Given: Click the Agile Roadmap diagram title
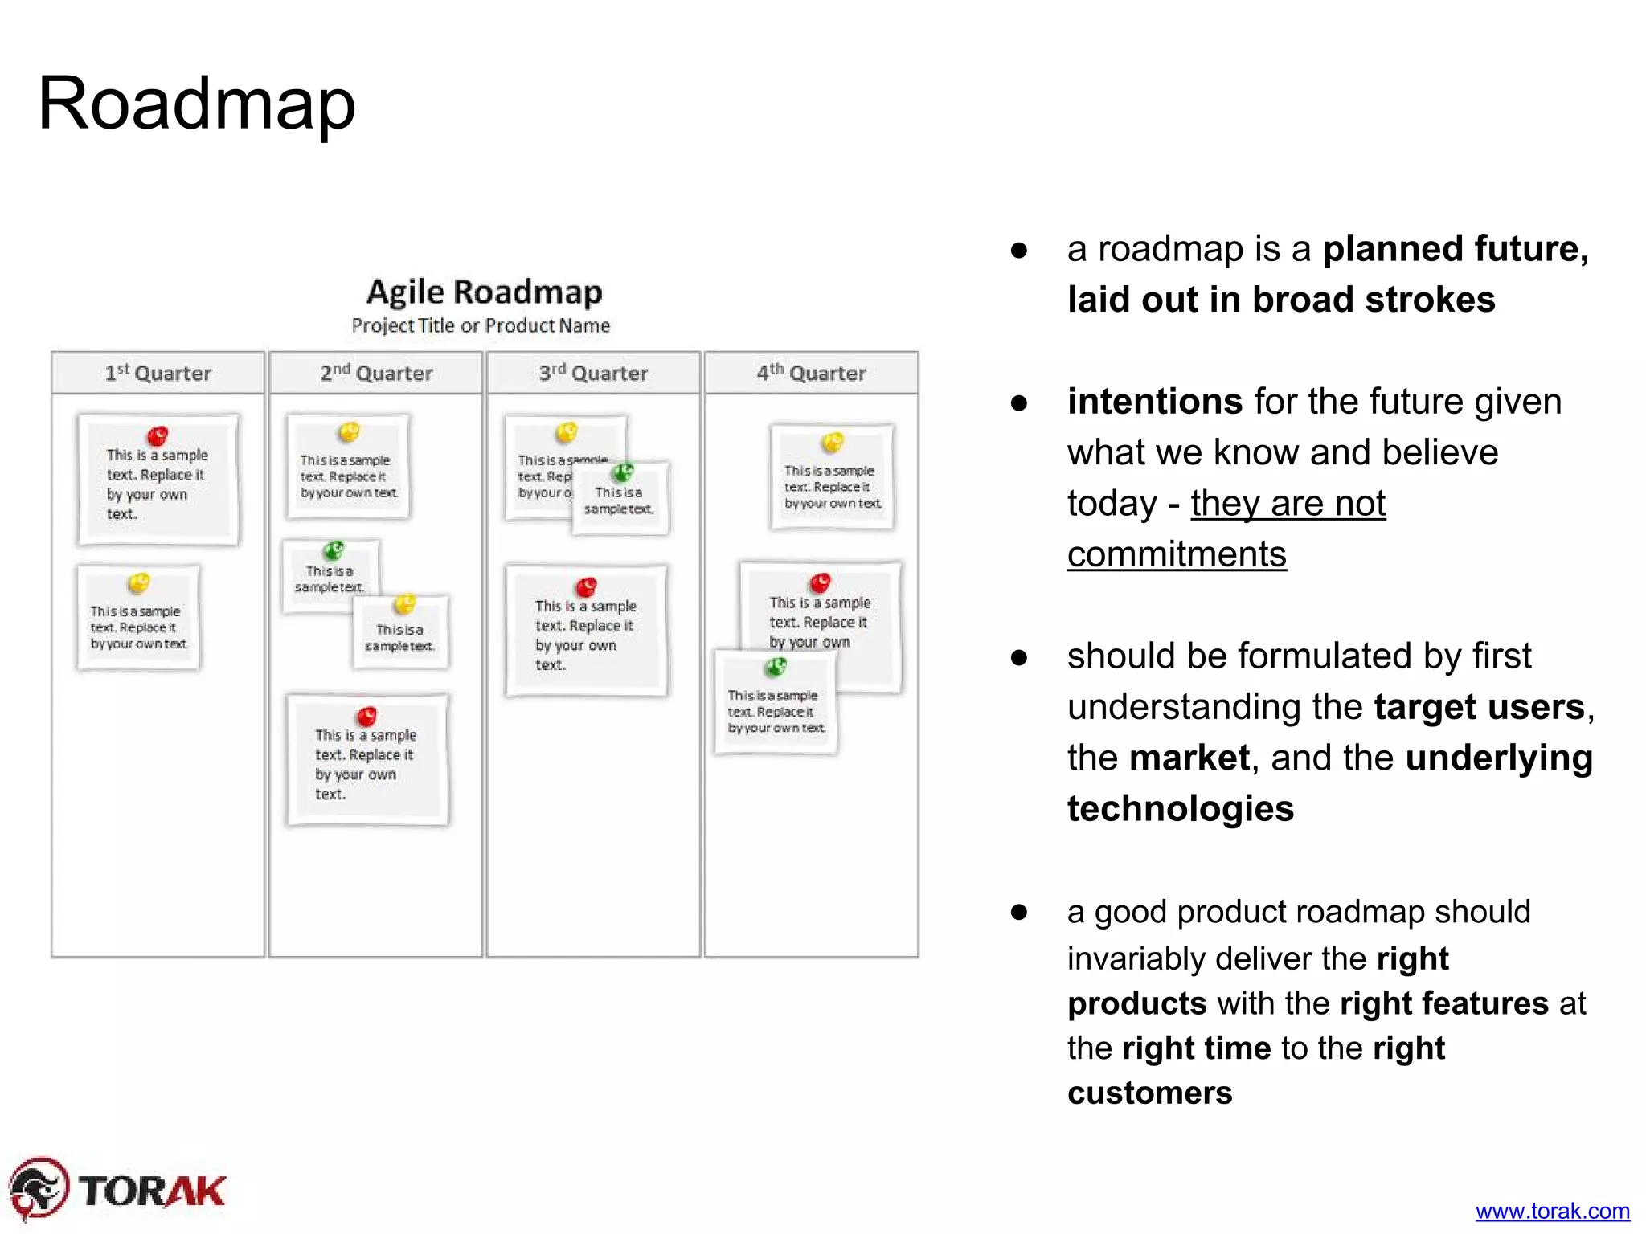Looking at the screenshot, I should [484, 292].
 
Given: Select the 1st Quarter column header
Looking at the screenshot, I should [158, 373].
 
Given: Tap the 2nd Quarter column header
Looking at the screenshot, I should [376, 373].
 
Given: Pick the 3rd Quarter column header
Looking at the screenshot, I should [593, 373].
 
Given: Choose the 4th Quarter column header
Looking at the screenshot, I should [811, 373].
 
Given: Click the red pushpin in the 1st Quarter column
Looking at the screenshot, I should [158, 436].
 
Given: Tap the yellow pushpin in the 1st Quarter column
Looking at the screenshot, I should [139, 582].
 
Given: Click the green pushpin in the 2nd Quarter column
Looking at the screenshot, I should [334, 550].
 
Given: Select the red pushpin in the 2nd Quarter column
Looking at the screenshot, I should [366, 715].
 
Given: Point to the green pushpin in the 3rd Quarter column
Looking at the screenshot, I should [622, 472].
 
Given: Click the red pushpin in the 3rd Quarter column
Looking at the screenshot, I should [587, 586].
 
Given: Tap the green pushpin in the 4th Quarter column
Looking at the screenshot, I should [776, 667].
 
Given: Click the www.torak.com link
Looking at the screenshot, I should [1552, 1211].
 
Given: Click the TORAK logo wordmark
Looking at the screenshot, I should [153, 1191].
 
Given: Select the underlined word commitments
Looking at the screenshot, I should [1177, 554].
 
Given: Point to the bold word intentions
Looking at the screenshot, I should [1154, 401].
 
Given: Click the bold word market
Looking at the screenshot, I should [1189, 758].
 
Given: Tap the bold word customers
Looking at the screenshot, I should [1149, 1093].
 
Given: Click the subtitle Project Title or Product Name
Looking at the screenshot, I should [481, 325].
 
